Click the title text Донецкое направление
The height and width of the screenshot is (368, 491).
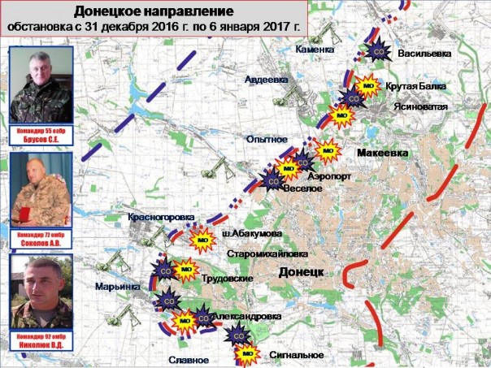pyautogui.click(x=154, y=11)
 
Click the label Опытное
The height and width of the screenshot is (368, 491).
pyautogui.click(x=267, y=140)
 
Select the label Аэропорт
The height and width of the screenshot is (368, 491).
pyautogui.click(x=328, y=175)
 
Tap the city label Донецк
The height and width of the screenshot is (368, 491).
pyautogui.click(x=302, y=270)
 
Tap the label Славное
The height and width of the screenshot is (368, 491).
pyautogui.click(x=191, y=360)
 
